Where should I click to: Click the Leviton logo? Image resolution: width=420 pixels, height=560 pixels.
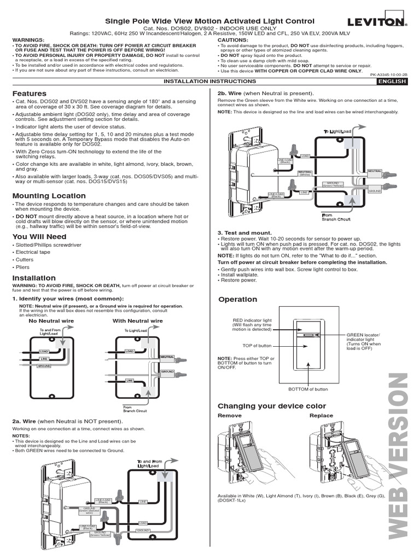[377, 22]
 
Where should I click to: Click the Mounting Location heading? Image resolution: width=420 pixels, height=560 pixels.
[49, 195]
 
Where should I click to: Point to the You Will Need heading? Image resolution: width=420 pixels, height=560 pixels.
[39, 236]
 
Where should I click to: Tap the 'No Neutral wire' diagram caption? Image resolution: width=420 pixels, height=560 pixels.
[51, 321]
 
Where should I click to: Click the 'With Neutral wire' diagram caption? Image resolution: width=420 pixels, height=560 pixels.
[138, 321]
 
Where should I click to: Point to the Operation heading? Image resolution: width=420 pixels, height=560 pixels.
[237, 299]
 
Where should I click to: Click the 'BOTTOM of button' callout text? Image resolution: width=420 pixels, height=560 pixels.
[308, 389]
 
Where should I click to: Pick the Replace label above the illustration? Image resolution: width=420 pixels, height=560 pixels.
[321, 416]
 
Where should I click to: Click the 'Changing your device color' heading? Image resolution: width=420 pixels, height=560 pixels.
[272, 406]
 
